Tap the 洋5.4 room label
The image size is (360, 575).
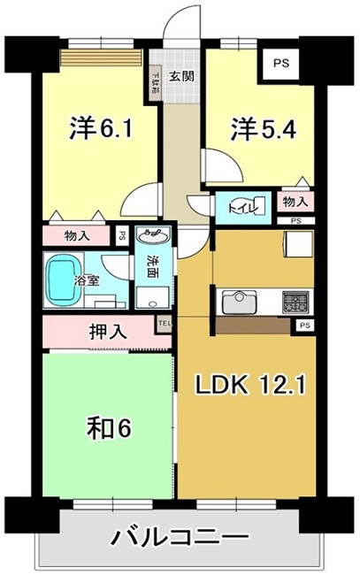[263, 130]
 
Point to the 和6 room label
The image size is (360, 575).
[109, 429]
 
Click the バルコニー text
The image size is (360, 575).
[179, 536]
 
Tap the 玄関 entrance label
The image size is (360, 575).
[182, 76]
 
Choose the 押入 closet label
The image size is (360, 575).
[105, 333]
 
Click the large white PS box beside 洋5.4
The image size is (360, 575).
[280, 64]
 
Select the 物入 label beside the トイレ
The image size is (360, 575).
[294, 203]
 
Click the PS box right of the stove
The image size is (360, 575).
[304, 326]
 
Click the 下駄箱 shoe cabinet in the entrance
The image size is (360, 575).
[155, 85]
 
